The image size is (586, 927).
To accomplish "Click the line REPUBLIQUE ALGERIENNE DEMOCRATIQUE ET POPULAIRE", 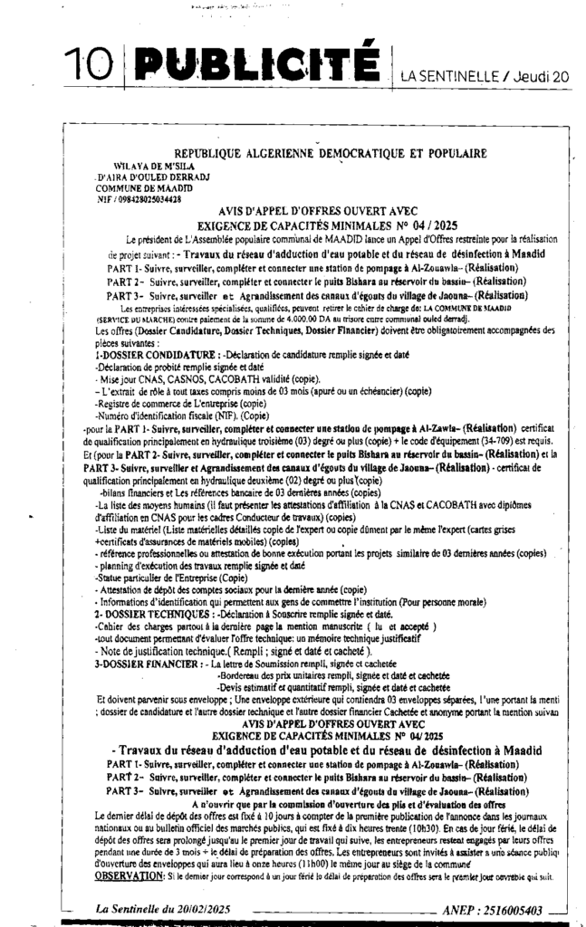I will tap(330, 153).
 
